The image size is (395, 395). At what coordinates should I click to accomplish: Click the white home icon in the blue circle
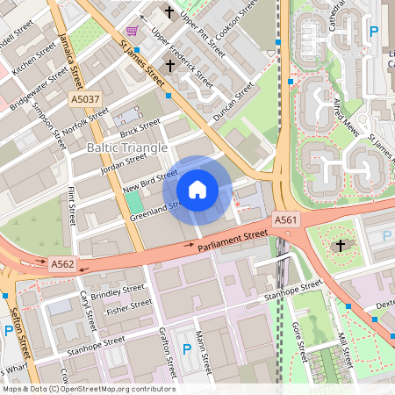pyautogui.click(x=197, y=189)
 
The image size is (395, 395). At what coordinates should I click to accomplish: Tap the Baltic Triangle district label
pyautogui.click(x=126, y=148)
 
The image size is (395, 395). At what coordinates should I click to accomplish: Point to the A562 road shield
pyautogui.click(x=62, y=262)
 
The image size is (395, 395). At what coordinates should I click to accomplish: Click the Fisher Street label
pyautogui.click(x=129, y=306)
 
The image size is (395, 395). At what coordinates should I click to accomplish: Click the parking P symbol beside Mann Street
pyautogui.click(x=186, y=349)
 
